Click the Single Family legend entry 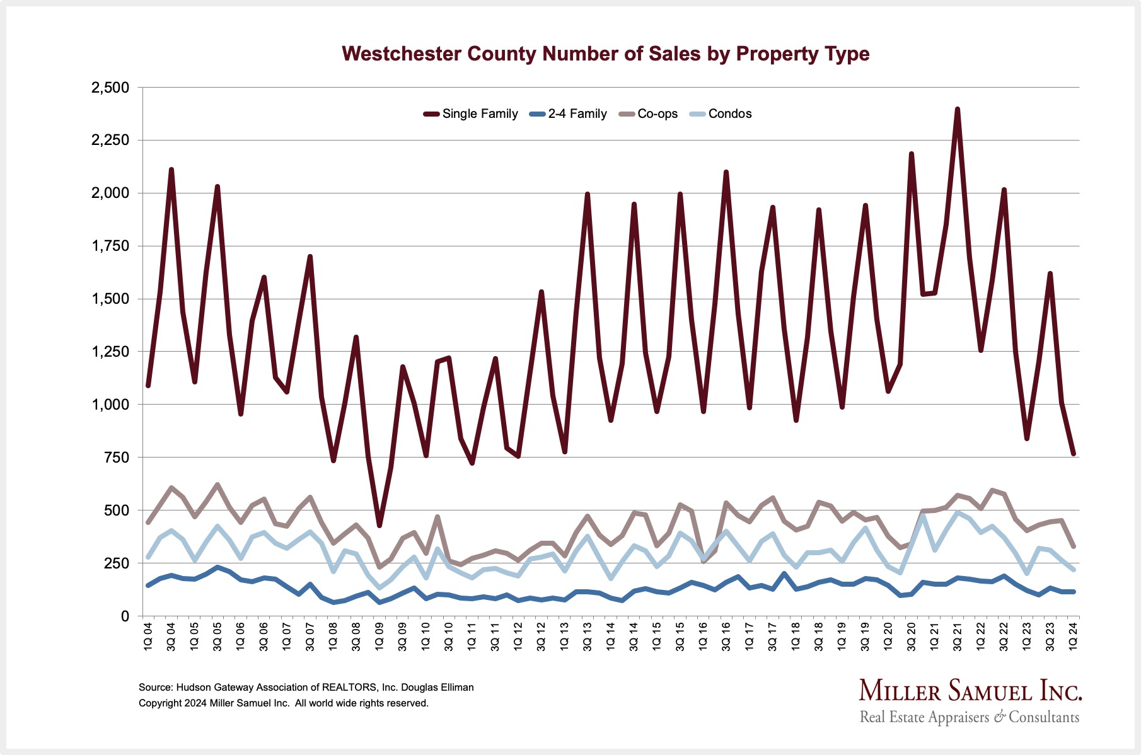pyautogui.click(x=479, y=114)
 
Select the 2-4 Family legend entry pyautogui.click(x=577, y=114)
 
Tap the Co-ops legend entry pyautogui.click(x=657, y=114)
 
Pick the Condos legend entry pyautogui.click(x=729, y=114)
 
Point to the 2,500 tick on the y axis pyautogui.click(x=110, y=88)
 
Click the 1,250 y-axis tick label pyautogui.click(x=110, y=352)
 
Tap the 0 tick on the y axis pyautogui.click(x=124, y=616)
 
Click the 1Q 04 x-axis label pyautogui.click(x=148, y=637)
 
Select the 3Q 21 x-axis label pyautogui.click(x=958, y=637)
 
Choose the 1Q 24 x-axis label pyautogui.click(x=1073, y=637)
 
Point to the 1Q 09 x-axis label pyautogui.click(x=379, y=637)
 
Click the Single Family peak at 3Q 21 pyautogui.click(x=958, y=110)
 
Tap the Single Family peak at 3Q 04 pyautogui.click(x=171, y=170)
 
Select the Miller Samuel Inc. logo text pyautogui.click(x=970, y=691)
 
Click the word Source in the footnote pyautogui.click(x=155, y=687)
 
